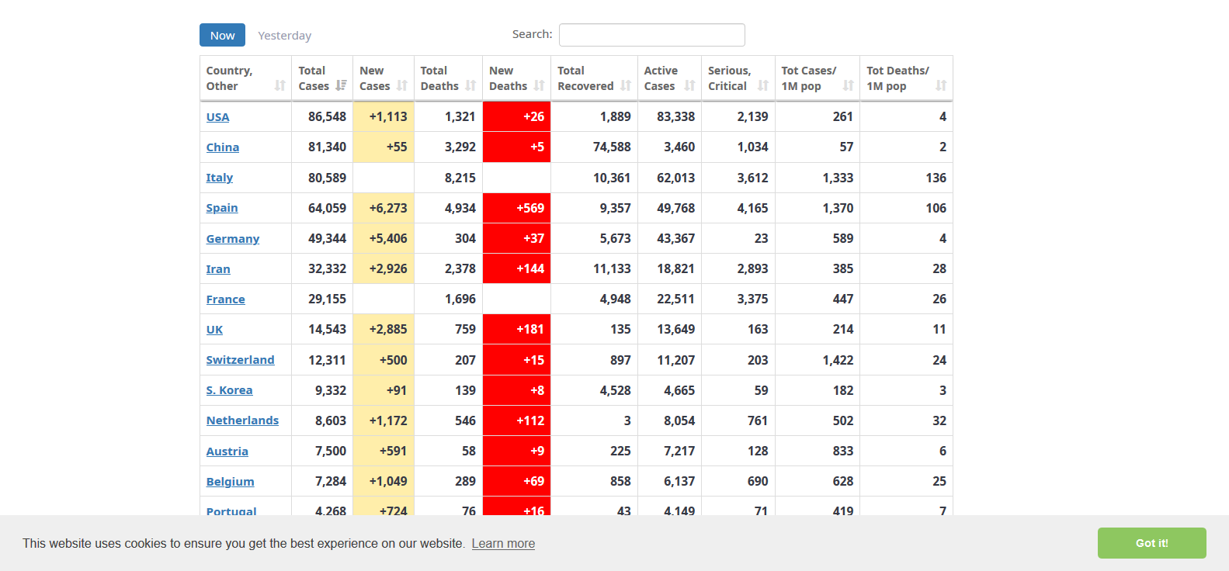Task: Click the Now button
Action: tap(222, 35)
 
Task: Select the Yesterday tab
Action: tap(284, 36)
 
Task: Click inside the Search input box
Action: tap(651, 35)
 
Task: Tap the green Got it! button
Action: tap(1151, 543)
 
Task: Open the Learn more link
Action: tap(503, 543)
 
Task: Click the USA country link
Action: tap(217, 117)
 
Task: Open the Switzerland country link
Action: tap(240, 360)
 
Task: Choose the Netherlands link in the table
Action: tap(242, 420)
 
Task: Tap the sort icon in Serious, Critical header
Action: tap(763, 86)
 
